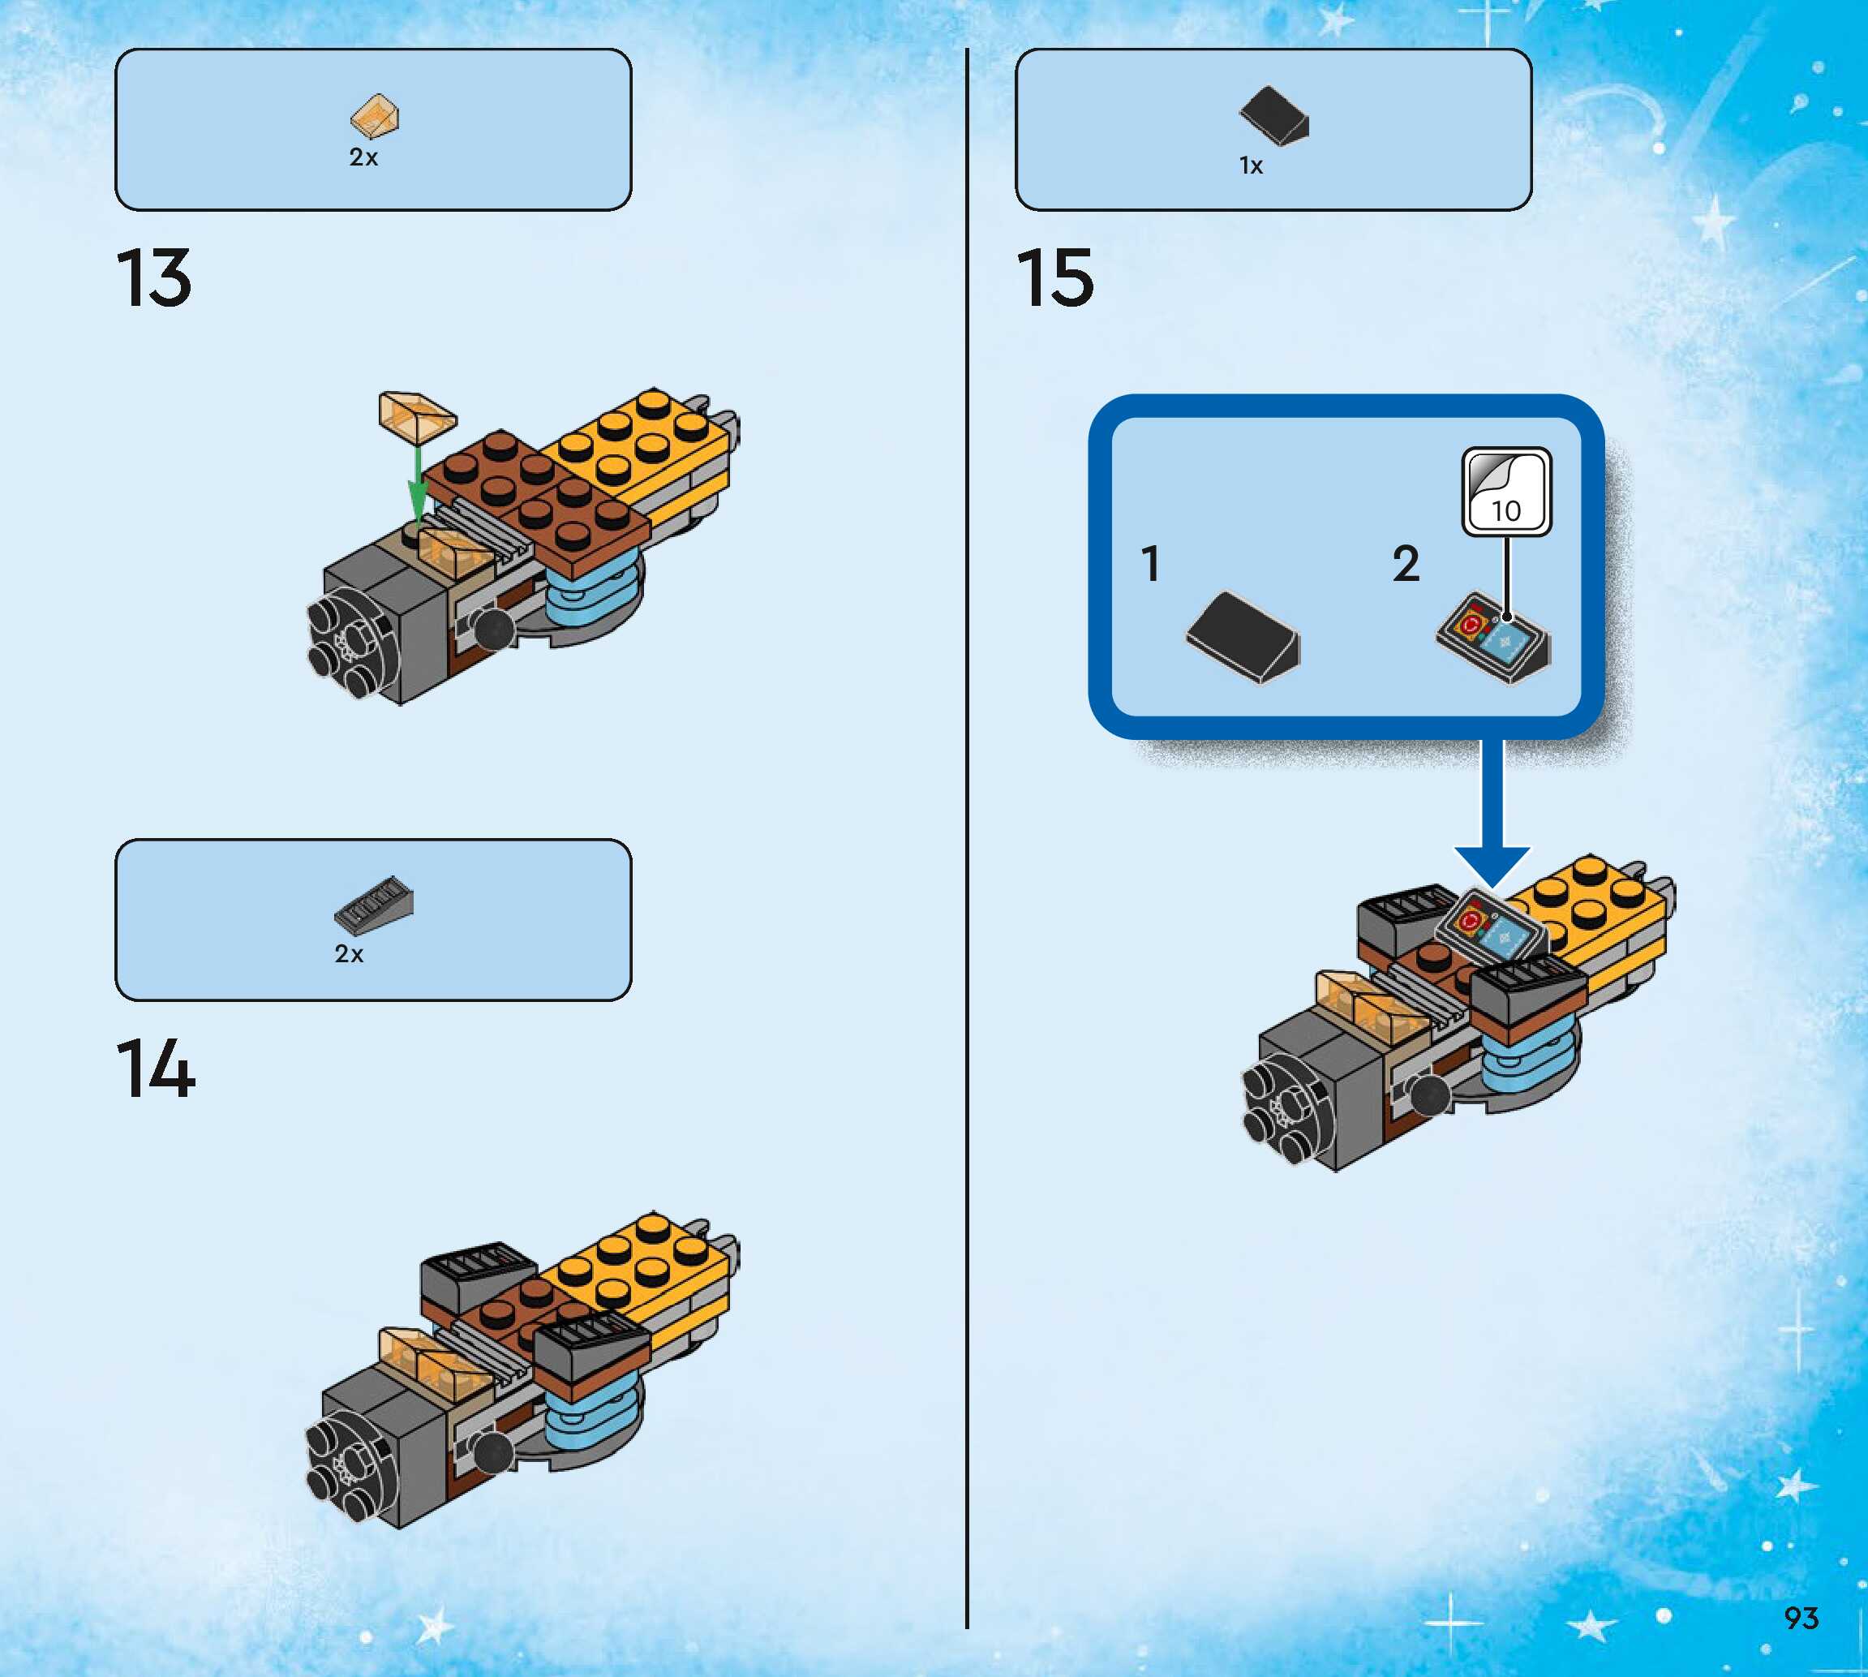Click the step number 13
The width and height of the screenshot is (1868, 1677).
coord(155,277)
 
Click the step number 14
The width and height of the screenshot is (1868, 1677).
coord(156,1068)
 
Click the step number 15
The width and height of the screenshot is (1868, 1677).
coord(1055,277)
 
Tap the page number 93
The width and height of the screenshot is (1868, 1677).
coord(1801,1617)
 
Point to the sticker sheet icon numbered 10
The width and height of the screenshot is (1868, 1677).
coord(1507,491)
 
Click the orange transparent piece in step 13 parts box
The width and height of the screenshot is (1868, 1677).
coord(375,117)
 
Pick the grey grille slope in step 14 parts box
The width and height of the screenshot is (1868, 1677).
coord(374,904)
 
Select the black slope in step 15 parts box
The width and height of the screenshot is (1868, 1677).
coord(1274,116)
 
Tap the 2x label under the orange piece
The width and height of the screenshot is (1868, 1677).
coord(363,157)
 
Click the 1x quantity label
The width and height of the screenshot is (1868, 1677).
coord(1251,166)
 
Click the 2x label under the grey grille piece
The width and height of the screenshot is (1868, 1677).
coord(349,953)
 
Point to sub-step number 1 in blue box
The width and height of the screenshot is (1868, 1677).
coord(1150,564)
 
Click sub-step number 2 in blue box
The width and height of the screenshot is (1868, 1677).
coord(1406,564)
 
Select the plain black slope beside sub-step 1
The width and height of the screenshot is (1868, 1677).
coord(1243,637)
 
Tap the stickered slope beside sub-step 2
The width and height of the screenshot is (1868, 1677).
coord(1493,639)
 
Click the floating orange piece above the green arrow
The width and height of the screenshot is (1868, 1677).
coord(417,414)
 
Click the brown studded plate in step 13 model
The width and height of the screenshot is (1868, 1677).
coord(539,498)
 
